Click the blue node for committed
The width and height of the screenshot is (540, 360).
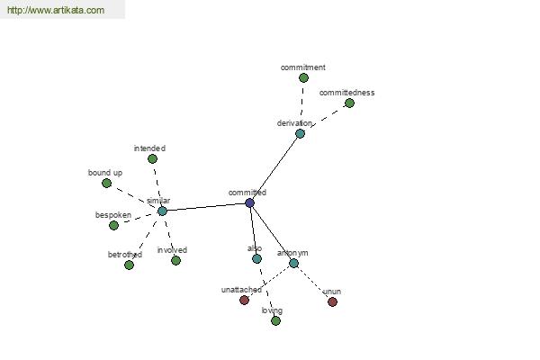[x=249, y=202]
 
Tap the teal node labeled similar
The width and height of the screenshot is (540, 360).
[x=162, y=211]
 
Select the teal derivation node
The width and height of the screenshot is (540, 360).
[x=300, y=133]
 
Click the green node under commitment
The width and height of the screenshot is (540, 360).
[x=303, y=78]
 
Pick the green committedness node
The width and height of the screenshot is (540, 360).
[x=349, y=103]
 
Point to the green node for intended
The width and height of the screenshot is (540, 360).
[x=152, y=158]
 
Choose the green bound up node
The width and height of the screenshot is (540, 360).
[x=107, y=183]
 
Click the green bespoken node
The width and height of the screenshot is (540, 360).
[x=113, y=225]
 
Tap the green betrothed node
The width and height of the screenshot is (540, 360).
[x=129, y=265]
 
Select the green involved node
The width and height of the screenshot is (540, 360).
[x=175, y=260]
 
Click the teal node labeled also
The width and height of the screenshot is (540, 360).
[x=256, y=258]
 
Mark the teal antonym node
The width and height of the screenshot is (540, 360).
[x=293, y=263]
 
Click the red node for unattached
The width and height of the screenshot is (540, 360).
[x=244, y=300]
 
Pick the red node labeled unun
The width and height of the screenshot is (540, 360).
[x=332, y=302]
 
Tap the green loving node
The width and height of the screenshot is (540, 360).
[x=275, y=320]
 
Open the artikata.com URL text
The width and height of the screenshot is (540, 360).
[x=56, y=10]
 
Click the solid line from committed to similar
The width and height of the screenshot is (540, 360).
[x=206, y=207]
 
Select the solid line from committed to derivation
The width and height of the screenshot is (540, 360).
[x=274, y=168]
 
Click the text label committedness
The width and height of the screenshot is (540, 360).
[x=346, y=93]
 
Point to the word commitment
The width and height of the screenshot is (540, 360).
[x=302, y=67]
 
